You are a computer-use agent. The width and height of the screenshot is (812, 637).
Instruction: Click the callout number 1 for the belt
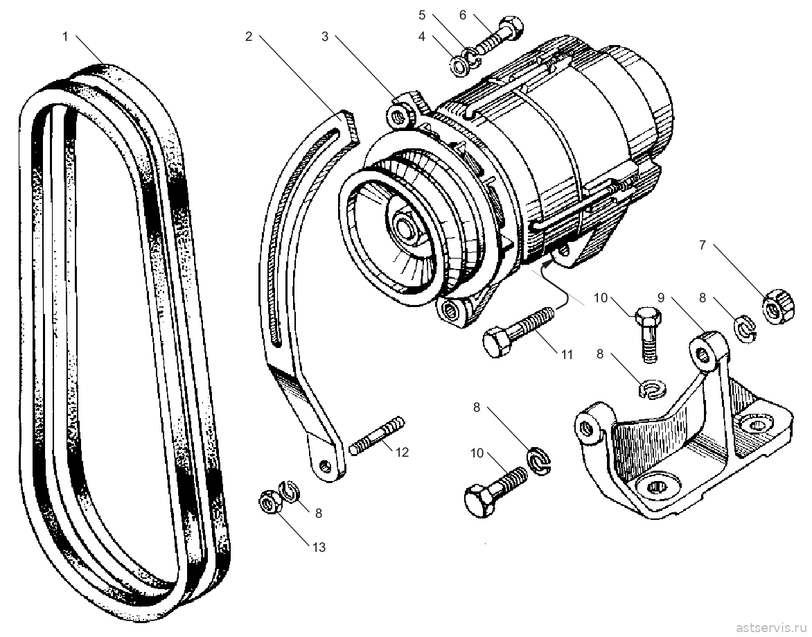tap(65, 37)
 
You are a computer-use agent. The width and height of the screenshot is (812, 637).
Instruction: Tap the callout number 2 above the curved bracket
tap(249, 37)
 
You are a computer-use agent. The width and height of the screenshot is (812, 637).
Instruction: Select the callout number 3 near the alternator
tap(325, 37)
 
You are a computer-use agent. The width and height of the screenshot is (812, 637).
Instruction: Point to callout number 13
tap(319, 547)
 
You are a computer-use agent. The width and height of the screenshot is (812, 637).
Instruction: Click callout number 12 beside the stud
tap(402, 452)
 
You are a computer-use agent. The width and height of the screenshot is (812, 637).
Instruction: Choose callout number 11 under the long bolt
tap(567, 354)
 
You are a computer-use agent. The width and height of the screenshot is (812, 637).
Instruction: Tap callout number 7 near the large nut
tap(703, 245)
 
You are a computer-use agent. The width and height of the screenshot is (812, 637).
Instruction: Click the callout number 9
tap(661, 298)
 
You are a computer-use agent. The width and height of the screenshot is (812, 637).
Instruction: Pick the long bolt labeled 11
tap(518, 332)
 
